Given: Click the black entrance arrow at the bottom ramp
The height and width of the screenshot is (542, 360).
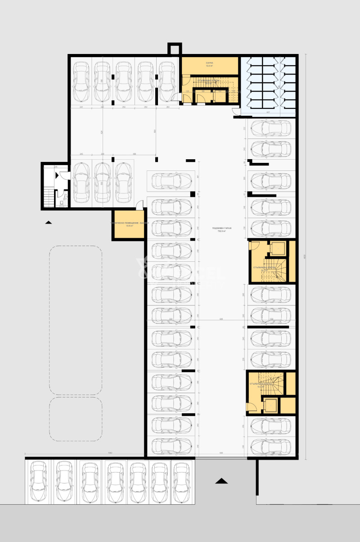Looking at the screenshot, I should point(221,481).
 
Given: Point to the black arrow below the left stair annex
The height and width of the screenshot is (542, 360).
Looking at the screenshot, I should point(49,222).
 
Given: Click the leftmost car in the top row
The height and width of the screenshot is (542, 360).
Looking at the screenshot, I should point(81,81).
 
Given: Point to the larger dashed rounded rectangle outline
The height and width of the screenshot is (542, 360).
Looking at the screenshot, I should point(76,320).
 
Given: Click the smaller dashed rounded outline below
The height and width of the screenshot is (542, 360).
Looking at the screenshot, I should point(76,419).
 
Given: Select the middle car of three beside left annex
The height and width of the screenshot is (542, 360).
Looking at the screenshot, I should point(102,183).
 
